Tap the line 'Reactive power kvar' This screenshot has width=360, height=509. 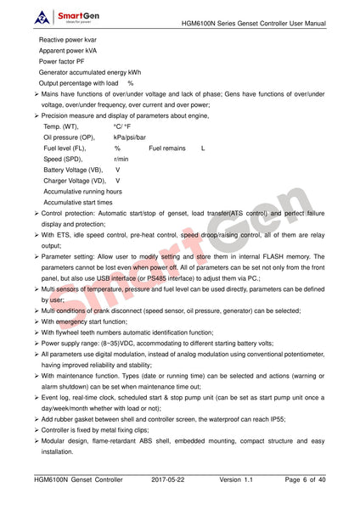click(68, 40)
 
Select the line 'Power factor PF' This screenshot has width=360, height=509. click(62, 62)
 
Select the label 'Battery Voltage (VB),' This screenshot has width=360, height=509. click(75, 170)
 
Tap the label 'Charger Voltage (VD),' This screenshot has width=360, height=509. click(75, 181)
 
